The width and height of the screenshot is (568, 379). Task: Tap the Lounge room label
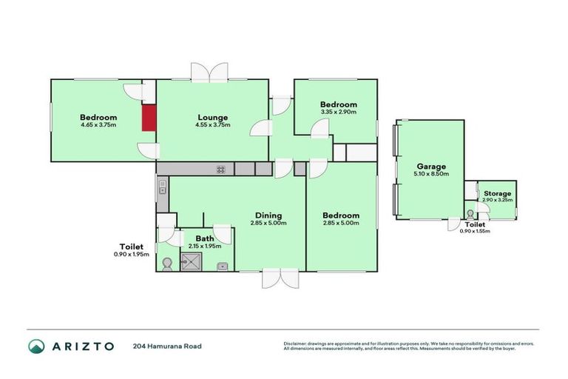[212, 117]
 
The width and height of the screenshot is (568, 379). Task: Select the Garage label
[430, 167]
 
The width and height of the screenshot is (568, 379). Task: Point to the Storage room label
[497, 193]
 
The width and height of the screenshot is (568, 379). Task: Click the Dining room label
[268, 215]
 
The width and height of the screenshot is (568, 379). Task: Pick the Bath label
[204, 238]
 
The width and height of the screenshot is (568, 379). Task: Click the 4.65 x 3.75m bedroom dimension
[98, 125]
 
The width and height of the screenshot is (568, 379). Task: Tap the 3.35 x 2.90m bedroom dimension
[339, 112]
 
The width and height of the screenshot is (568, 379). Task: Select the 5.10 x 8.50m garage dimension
[430, 175]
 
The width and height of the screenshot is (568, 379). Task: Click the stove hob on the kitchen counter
[220, 170]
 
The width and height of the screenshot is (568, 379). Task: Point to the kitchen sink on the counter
[162, 190]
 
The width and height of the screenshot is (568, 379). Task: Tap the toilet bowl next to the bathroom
[166, 263]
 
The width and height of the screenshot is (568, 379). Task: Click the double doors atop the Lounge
[210, 73]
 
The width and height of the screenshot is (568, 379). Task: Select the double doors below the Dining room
[280, 278]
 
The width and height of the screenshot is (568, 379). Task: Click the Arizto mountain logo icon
[35, 346]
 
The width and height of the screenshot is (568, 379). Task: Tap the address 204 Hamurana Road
[167, 346]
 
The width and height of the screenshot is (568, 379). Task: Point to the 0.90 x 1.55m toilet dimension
[475, 231]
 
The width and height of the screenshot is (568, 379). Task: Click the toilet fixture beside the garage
[470, 214]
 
